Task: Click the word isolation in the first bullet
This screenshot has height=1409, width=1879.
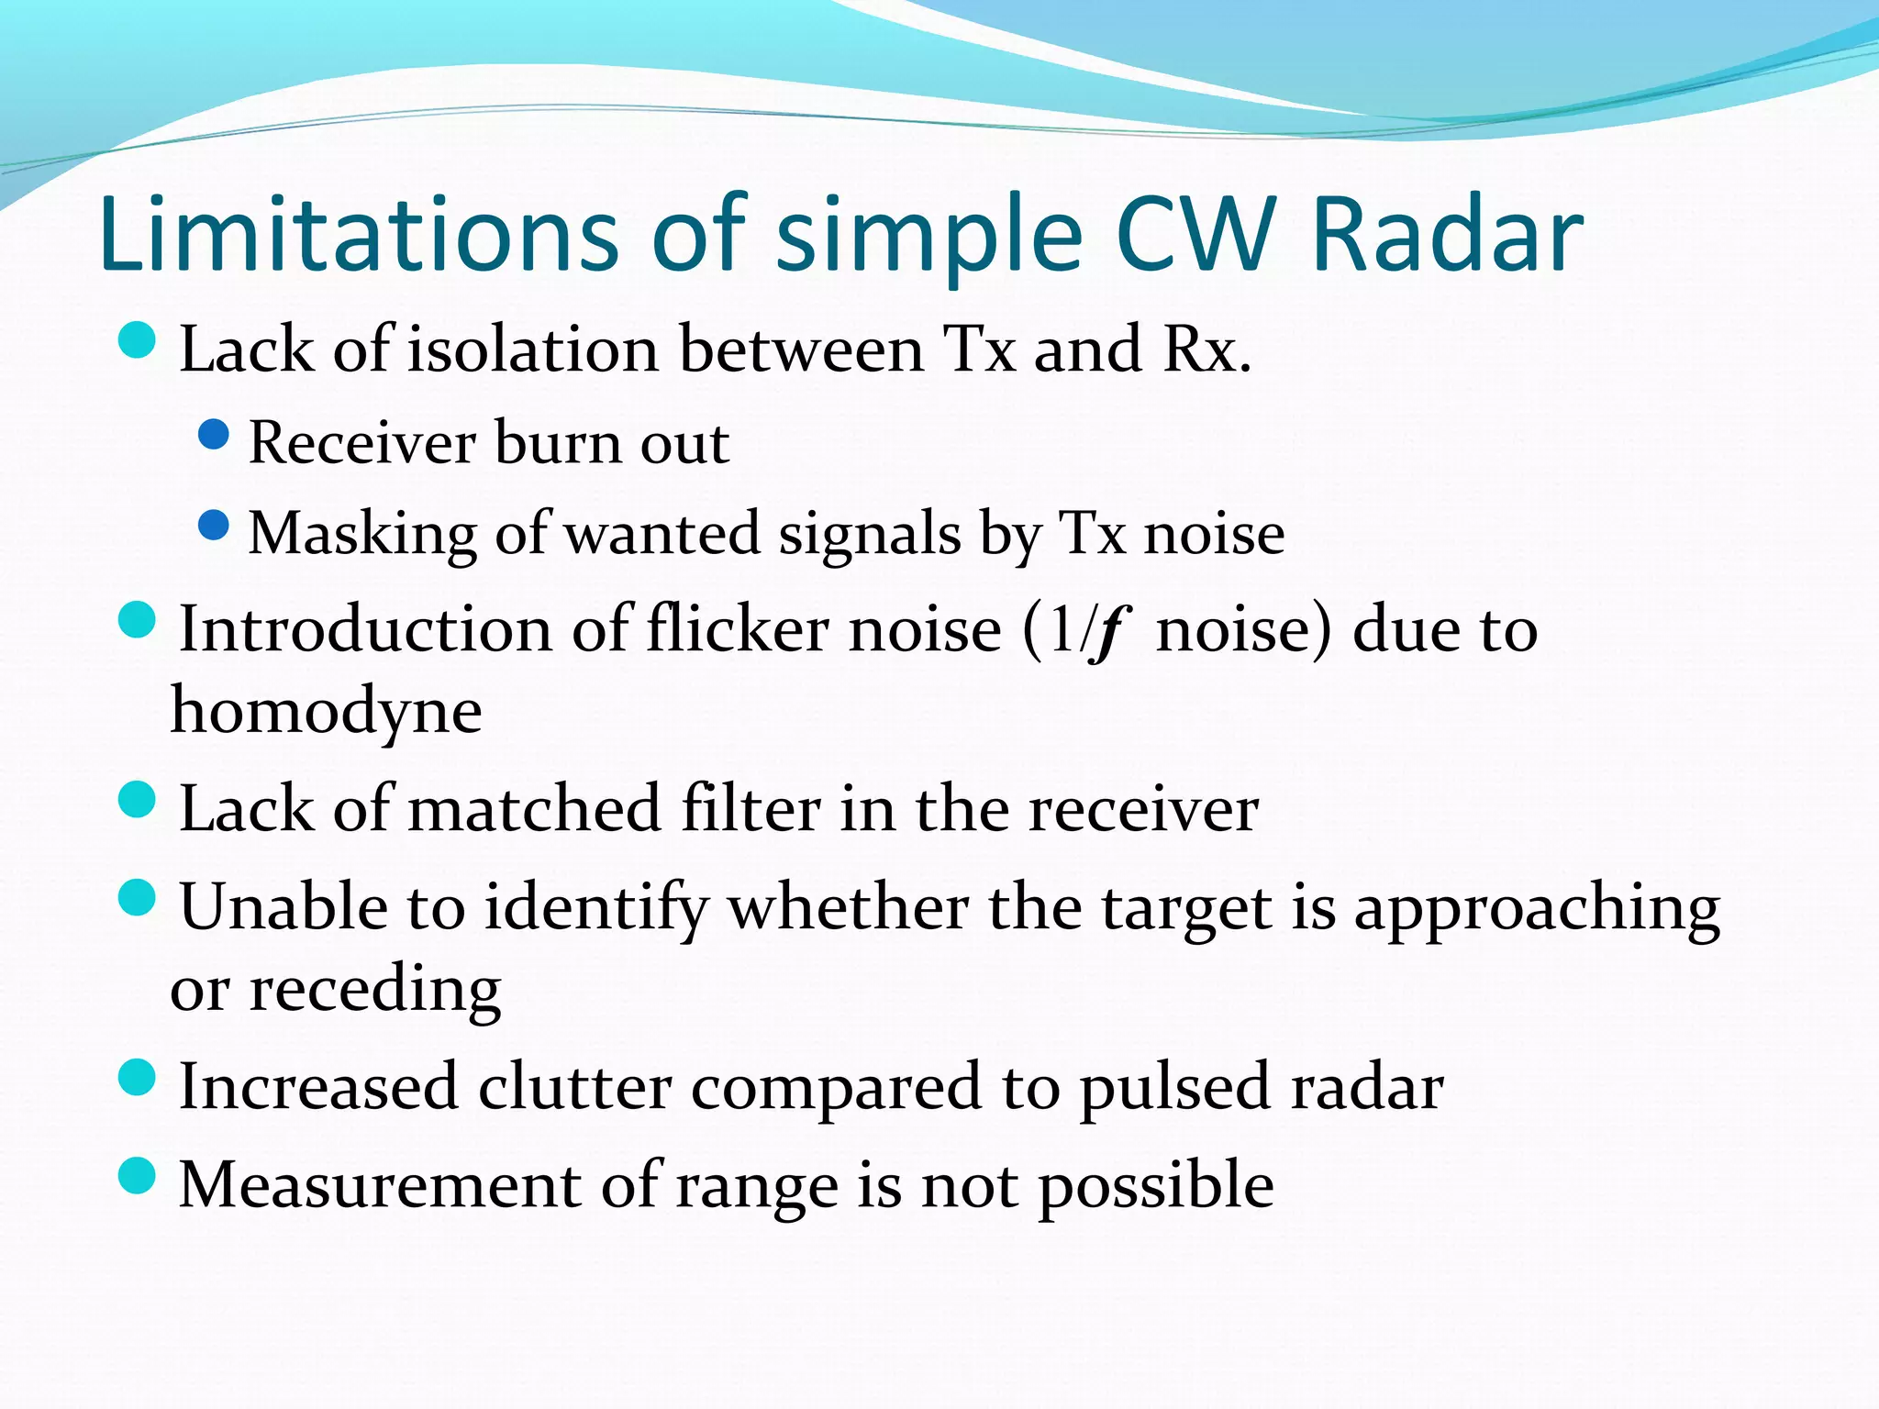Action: [x=532, y=349]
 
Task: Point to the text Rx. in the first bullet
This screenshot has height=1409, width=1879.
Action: [x=1206, y=349]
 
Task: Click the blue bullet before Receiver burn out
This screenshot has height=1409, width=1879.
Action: [x=213, y=435]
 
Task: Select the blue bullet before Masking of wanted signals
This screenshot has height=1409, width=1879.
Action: [x=213, y=526]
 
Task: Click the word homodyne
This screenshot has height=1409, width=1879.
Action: [x=326, y=712]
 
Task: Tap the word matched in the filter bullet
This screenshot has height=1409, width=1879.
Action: [x=533, y=809]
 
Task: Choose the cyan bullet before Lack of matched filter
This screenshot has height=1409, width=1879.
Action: [x=138, y=800]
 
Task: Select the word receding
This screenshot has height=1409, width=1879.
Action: [x=375, y=991]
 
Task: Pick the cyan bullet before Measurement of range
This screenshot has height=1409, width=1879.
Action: [x=138, y=1175]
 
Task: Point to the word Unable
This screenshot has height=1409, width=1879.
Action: [x=284, y=907]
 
